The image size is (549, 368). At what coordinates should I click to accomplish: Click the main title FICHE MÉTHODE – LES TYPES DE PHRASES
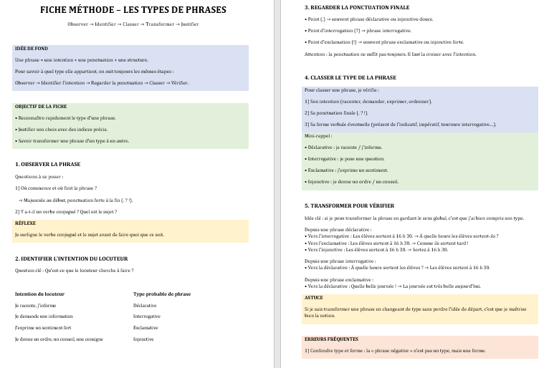[x=133, y=10]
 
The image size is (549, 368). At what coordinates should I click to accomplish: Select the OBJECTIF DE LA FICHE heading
[x=40, y=106]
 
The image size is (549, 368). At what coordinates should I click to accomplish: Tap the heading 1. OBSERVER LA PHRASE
[x=47, y=164]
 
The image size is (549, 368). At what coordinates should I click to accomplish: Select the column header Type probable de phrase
[x=162, y=294]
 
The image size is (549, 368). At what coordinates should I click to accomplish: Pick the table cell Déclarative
[x=145, y=305]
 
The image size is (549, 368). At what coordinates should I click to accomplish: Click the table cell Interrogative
[x=146, y=316]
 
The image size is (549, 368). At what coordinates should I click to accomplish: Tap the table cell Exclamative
[x=145, y=327]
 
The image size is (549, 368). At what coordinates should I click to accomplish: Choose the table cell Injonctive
[x=143, y=339]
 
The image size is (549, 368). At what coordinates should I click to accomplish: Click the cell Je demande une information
[x=44, y=316]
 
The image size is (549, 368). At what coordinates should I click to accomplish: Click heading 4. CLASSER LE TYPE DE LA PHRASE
[x=350, y=77]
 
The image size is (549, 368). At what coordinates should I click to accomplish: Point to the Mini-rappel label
[x=318, y=135]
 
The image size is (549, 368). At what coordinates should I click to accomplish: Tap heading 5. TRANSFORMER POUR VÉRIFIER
[x=349, y=205]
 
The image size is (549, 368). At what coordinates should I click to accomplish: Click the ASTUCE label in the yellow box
[x=314, y=298]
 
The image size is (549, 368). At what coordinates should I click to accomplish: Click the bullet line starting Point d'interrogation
[x=358, y=31]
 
